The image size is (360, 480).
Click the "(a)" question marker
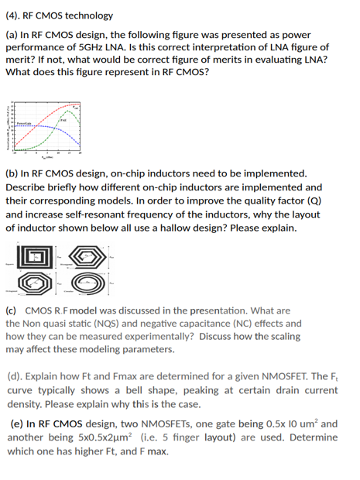[x=12, y=35]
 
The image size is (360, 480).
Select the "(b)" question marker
[x=12, y=173]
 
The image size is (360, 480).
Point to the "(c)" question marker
[x=12, y=310]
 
